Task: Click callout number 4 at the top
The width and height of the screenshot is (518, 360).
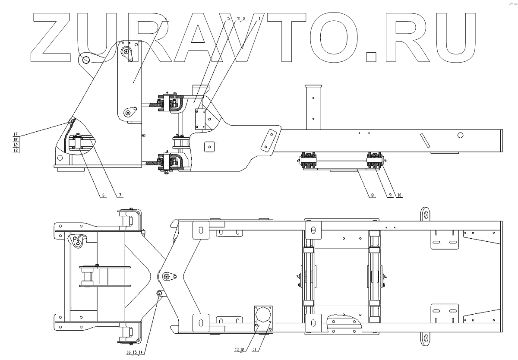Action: (166, 19)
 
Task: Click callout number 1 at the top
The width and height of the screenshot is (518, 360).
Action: (259, 19)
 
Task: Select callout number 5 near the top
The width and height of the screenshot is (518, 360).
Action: (228, 19)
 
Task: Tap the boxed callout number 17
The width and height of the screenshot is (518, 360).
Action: (16, 135)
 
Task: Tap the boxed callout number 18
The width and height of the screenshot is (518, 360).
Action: (16, 140)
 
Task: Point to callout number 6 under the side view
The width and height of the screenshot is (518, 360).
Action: (103, 195)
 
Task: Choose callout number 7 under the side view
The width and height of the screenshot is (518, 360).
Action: (120, 195)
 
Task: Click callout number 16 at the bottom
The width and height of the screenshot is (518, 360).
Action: (129, 352)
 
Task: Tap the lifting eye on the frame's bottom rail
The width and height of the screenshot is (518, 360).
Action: (426, 338)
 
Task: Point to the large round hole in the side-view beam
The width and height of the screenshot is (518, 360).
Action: (461, 136)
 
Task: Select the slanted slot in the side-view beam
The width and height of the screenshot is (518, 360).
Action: (425, 141)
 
